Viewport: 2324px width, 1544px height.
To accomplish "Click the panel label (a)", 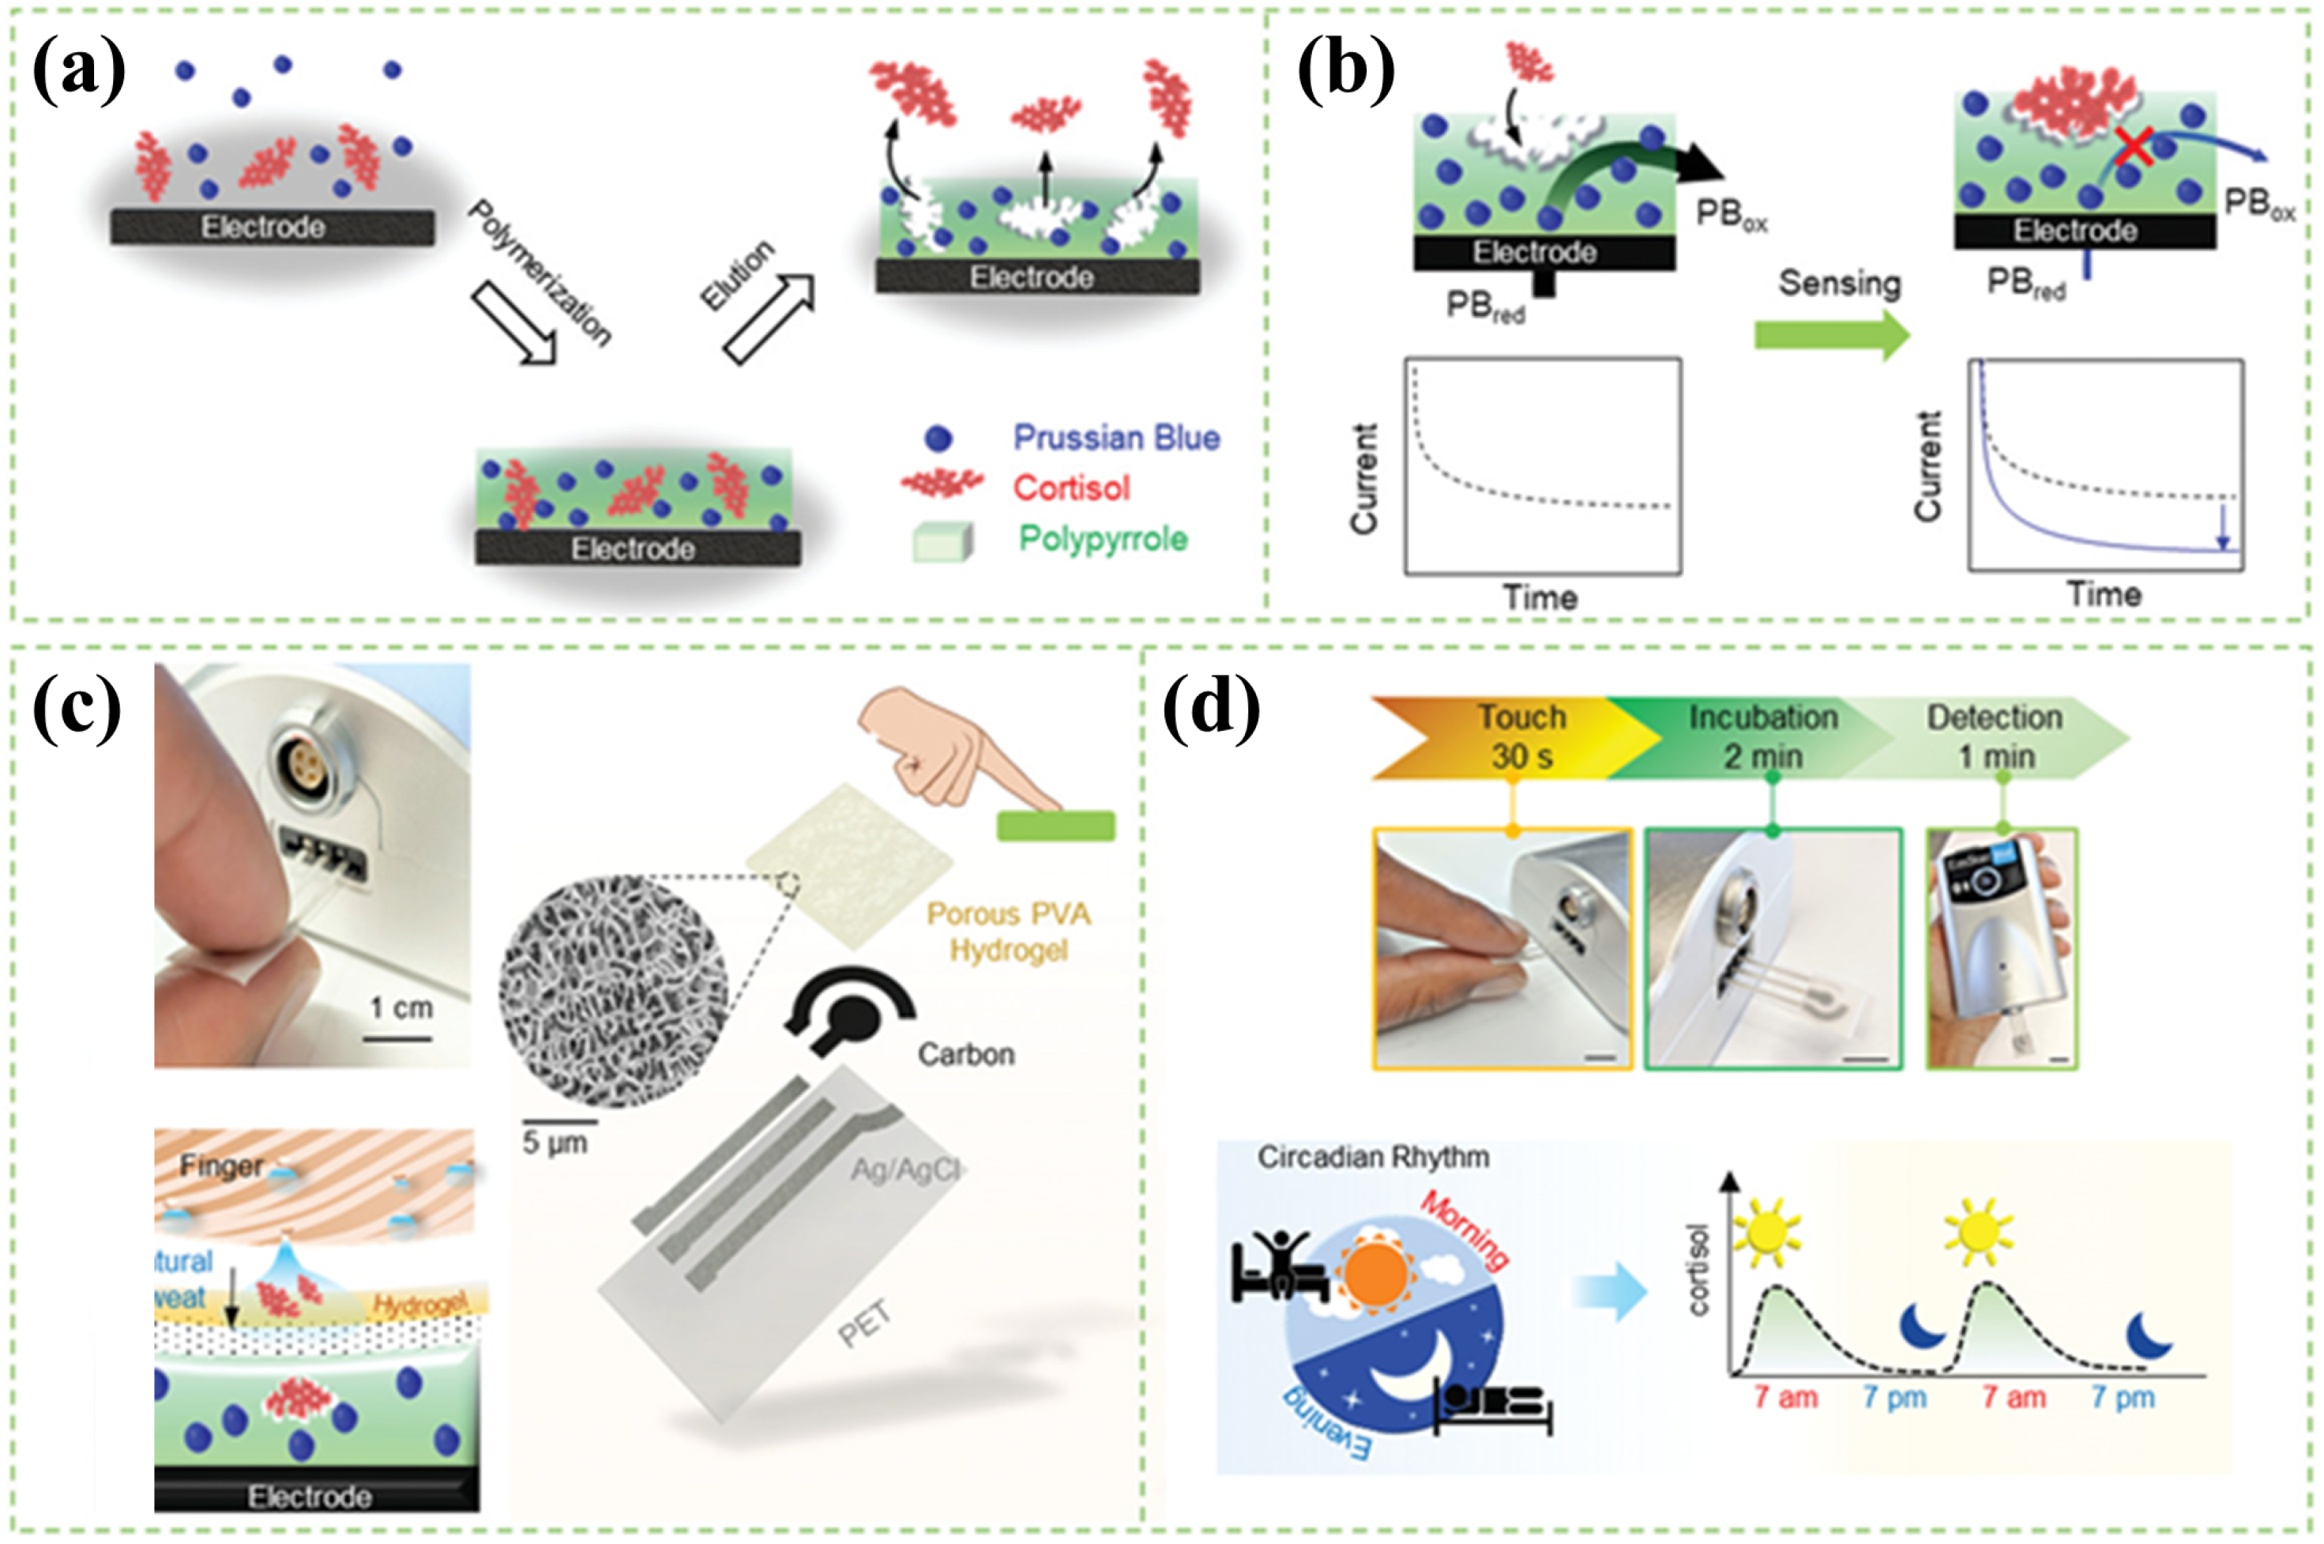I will point(79,73).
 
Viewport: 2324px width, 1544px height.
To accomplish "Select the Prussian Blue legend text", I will point(1116,439).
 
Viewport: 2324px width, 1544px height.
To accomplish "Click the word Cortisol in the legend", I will point(1071,488).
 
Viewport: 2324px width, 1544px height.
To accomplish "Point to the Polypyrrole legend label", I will point(1103,539).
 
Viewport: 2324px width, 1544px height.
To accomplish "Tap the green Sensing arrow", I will point(1832,335).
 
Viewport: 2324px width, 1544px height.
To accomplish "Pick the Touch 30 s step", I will point(1520,736).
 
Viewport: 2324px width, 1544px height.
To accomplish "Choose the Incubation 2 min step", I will point(1762,736).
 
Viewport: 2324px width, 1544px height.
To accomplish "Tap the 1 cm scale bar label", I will point(400,1008).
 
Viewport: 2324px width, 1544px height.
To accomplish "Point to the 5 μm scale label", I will point(555,1143).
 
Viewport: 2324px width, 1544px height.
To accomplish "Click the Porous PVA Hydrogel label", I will point(1009,932).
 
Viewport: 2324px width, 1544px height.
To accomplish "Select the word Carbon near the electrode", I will point(965,1055).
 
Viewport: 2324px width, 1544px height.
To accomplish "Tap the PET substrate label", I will point(864,1323).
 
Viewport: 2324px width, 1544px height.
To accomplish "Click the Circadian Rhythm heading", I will point(1372,1157).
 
